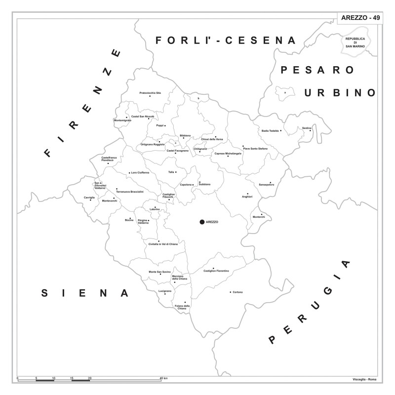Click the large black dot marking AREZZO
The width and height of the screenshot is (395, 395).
[x=201, y=222]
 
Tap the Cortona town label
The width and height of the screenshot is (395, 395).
[x=237, y=292]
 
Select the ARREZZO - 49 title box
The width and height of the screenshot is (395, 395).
[x=360, y=18]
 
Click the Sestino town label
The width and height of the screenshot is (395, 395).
[x=307, y=128]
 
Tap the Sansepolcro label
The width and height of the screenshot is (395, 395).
[x=266, y=184]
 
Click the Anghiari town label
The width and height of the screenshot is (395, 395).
[x=247, y=197]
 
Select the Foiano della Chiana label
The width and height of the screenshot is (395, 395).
[x=182, y=307]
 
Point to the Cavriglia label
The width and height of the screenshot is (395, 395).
[x=89, y=197]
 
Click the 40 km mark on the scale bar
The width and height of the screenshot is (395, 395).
[x=163, y=378]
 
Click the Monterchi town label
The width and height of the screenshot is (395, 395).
[x=259, y=217]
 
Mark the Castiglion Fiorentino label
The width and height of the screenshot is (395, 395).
[x=216, y=271]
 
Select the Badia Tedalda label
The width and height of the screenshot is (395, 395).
[x=271, y=131]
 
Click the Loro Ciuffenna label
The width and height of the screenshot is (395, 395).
[x=140, y=173]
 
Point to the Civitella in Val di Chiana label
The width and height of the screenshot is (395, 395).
[x=163, y=244]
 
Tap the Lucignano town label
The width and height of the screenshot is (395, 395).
[x=164, y=291]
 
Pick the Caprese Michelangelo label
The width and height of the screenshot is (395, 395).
[x=228, y=154]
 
